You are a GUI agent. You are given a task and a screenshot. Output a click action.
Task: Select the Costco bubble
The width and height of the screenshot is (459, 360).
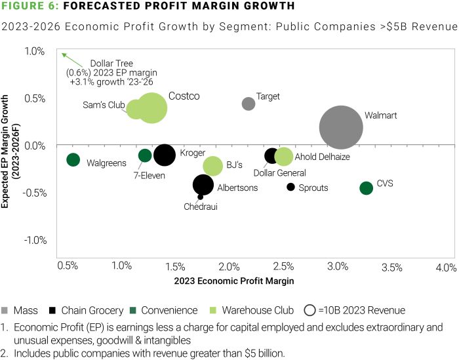[151, 108]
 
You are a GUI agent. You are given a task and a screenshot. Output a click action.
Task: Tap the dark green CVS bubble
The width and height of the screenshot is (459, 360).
[366, 188]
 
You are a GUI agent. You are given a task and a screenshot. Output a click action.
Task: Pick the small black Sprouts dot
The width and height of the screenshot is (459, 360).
[290, 187]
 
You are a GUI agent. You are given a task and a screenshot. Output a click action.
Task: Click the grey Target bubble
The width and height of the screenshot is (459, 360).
[249, 104]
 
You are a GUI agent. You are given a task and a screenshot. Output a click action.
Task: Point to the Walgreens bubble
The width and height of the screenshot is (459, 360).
[73, 159]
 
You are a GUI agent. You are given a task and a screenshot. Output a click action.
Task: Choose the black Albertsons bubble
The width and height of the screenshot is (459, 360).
[203, 185]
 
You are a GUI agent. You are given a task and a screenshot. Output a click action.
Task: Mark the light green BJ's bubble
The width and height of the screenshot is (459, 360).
[213, 166]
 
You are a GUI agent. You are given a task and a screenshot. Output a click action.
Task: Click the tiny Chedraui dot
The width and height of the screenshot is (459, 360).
[200, 197]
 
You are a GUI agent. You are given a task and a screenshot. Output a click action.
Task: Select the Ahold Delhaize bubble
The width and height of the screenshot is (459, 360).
[283, 157]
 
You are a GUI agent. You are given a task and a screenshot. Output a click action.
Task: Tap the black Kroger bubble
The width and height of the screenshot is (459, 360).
[164, 155]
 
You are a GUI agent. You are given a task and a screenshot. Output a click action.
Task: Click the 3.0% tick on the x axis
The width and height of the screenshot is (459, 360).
[338, 267]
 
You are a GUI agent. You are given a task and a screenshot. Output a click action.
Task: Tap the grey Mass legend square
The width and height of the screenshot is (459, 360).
[6, 310]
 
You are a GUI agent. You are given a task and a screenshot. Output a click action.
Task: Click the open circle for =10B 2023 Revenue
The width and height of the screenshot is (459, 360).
[311, 310]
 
